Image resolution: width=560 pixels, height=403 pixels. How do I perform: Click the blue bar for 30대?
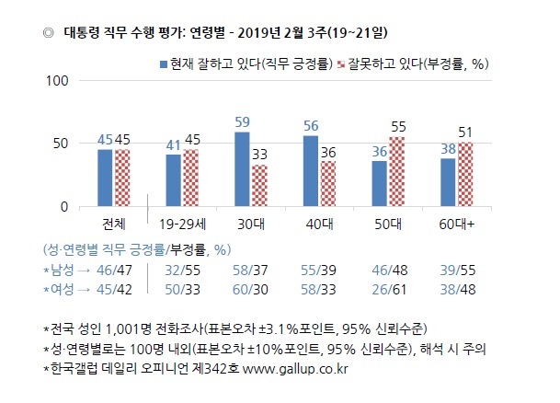[242, 169]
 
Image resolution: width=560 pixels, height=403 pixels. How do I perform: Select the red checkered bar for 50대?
[397, 171]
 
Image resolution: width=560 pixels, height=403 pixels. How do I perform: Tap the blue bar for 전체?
[105, 178]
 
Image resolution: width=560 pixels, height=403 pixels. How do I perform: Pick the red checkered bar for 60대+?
[465, 174]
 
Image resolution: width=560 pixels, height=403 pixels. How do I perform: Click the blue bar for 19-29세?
[174, 180]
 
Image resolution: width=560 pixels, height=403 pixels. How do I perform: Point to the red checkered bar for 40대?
[328, 184]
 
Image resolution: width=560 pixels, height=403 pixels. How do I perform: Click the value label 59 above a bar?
[242, 122]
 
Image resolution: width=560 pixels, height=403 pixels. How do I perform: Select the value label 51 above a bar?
[465, 132]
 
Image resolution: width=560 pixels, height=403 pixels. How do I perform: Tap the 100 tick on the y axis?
[57, 81]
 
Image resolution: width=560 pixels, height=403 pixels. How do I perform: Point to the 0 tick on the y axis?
[64, 207]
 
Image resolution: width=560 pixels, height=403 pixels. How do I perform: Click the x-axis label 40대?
[319, 225]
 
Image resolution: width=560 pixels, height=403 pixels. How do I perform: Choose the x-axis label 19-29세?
[182, 225]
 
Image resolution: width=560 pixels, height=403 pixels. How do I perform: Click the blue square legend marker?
[164, 64]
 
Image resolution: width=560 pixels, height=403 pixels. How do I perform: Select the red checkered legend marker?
[341, 64]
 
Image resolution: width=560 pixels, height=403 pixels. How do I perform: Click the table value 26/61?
[389, 290]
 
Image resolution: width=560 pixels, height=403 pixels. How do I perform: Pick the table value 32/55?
[182, 271]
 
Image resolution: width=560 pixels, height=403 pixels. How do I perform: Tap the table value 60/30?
[250, 290]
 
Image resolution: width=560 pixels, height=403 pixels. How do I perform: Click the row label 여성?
[63, 289]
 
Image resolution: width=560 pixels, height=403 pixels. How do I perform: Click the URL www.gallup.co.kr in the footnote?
[295, 369]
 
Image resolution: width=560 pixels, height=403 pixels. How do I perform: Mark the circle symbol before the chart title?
[48, 33]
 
